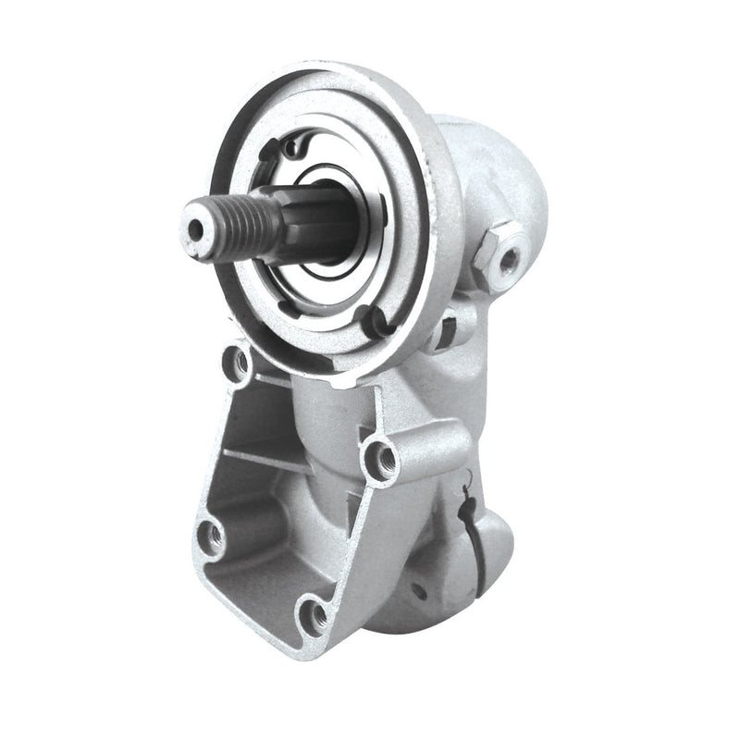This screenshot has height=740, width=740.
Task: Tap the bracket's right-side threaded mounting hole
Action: [x=381, y=455]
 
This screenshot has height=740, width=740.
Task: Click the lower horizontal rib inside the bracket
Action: [x=268, y=460]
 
